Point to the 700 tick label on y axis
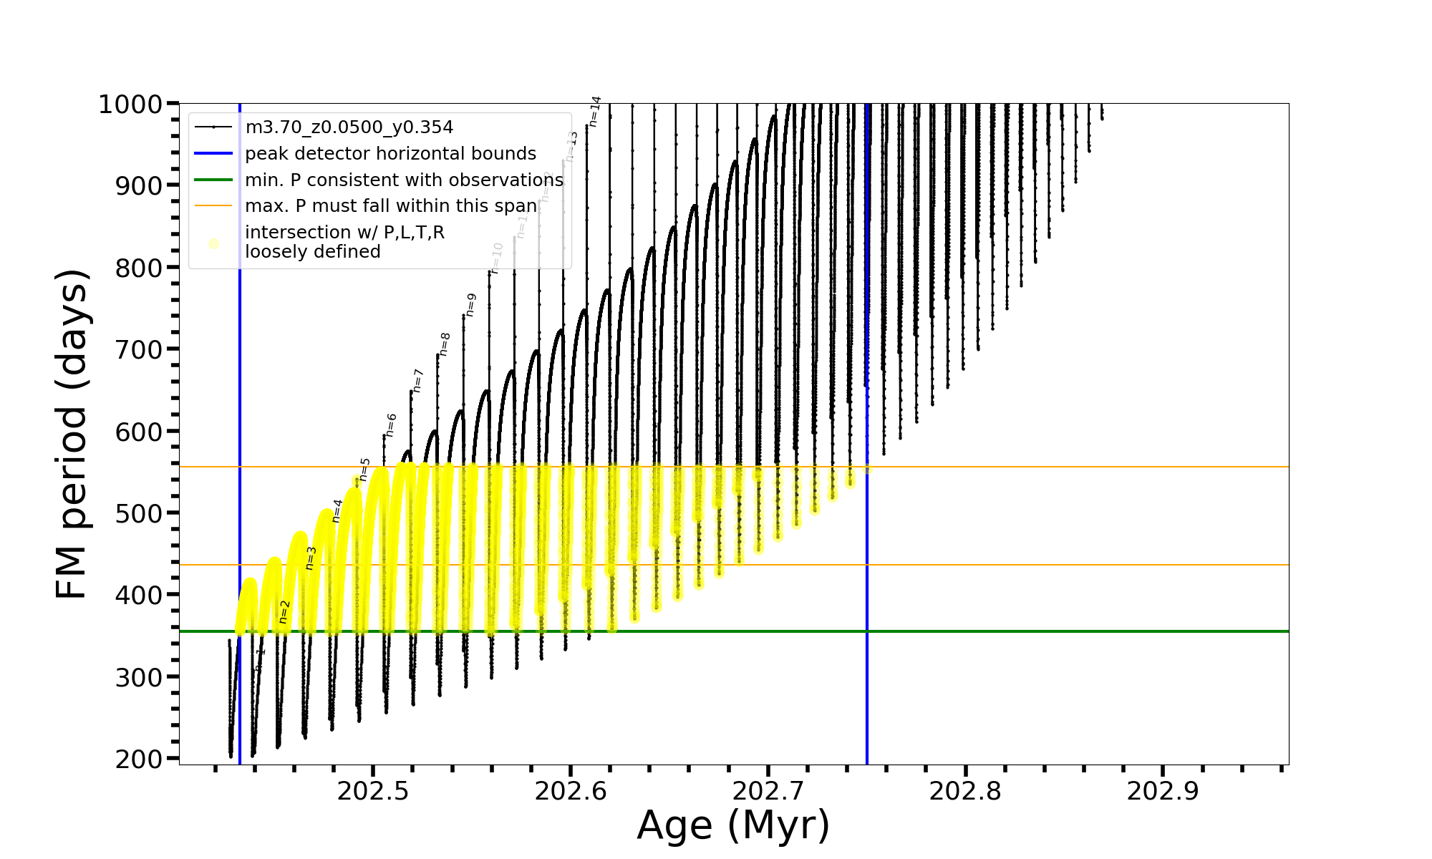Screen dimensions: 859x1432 [139, 350]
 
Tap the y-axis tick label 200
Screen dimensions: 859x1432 [139, 759]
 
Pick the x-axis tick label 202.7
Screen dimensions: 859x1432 [768, 792]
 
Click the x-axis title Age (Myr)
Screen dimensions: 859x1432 [733, 826]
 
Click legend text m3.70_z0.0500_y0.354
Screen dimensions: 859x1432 [349, 127]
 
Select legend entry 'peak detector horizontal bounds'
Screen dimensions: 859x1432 [390, 154]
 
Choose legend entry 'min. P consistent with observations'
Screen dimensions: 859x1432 [404, 180]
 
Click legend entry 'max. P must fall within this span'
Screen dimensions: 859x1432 [391, 206]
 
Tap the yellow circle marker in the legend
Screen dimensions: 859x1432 [213, 244]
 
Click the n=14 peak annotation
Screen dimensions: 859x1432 [595, 112]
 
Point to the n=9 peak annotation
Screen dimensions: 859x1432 [471, 305]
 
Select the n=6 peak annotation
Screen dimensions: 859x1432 [391, 425]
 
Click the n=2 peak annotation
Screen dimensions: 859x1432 [284, 612]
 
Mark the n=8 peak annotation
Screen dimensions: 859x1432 [445, 344]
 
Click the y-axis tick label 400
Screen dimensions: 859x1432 [139, 596]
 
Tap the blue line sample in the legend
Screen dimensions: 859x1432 [213, 154]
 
